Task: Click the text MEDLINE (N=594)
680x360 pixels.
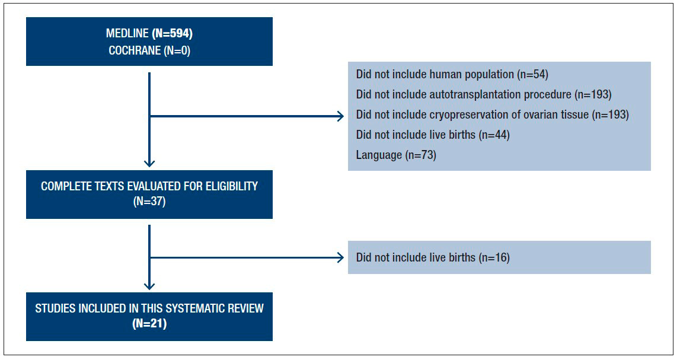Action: [x=149, y=33]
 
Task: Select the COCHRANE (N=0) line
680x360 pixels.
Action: [x=149, y=51]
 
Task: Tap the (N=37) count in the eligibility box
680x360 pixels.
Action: [x=149, y=201]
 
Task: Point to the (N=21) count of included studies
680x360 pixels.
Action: [x=149, y=324]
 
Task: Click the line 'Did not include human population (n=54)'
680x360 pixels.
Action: [x=452, y=74]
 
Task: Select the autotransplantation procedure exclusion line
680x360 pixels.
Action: [x=484, y=94]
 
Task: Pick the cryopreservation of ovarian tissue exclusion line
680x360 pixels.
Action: [x=492, y=114]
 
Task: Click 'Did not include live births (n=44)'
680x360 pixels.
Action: [x=433, y=135]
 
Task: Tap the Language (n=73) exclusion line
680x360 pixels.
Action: [x=396, y=155]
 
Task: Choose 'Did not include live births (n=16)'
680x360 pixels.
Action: [x=433, y=257]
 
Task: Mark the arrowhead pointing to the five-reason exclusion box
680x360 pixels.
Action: [x=340, y=116]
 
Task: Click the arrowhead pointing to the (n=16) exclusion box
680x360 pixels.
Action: [x=340, y=257]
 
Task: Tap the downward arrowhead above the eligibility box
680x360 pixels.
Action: [x=149, y=164]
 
